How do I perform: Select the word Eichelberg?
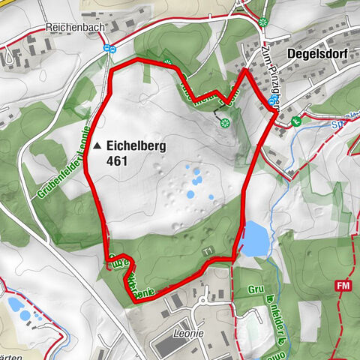click(x=136, y=146)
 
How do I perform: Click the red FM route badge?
click(x=344, y=286)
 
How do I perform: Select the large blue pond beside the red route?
click(x=254, y=238)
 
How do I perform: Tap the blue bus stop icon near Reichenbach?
click(x=109, y=49)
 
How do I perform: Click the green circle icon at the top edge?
click(x=263, y=22)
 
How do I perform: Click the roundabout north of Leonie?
click(x=205, y=301)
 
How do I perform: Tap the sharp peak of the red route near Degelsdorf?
click(x=246, y=70)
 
